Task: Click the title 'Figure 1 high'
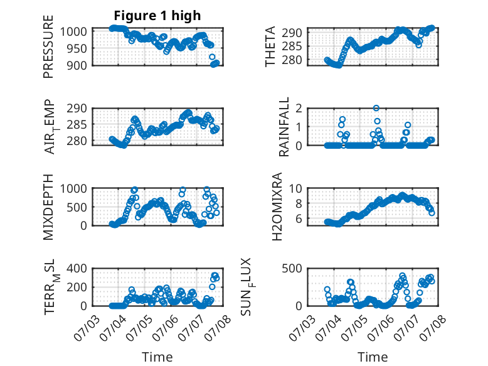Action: click(157, 16)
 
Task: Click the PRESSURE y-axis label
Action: click(48, 46)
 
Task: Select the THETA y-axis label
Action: click(270, 46)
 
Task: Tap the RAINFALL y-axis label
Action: click(284, 127)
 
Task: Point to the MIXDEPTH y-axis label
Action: click(48, 207)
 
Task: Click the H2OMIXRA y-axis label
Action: click(277, 207)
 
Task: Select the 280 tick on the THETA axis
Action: click(292, 60)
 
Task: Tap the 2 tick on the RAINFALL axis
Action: click(299, 109)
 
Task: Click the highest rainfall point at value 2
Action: click(376, 108)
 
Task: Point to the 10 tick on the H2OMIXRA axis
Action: click(295, 188)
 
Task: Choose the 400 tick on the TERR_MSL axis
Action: click(77, 268)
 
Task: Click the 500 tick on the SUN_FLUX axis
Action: click(292, 268)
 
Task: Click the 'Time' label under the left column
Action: click(157, 357)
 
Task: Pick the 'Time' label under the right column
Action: click(373, 357)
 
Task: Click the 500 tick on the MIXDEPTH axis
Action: click(77, 207)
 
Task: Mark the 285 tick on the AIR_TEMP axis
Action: click(77, 124)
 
